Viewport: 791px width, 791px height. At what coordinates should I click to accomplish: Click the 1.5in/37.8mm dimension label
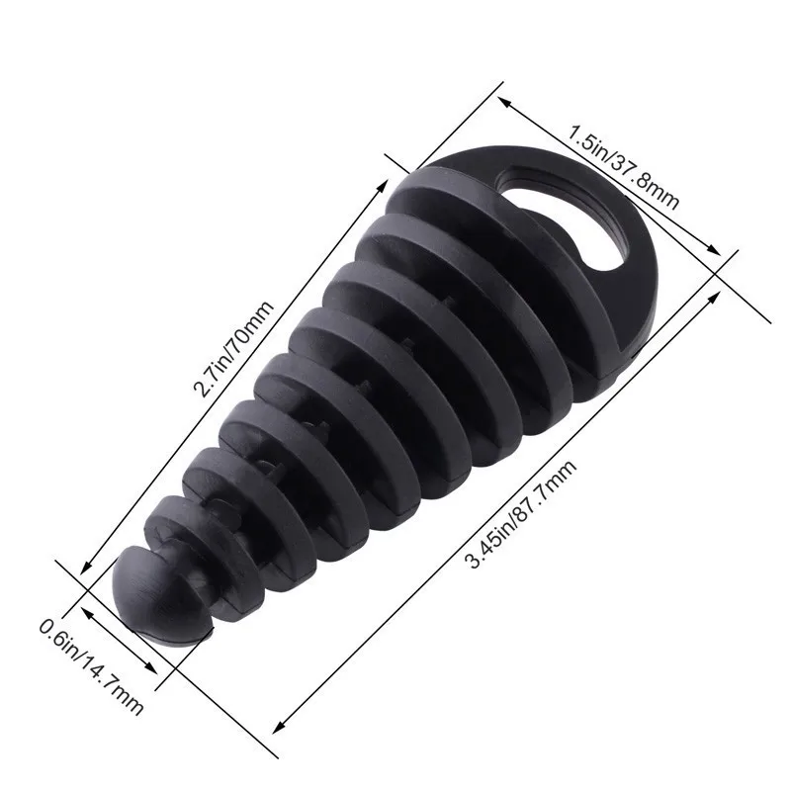pos(622,166)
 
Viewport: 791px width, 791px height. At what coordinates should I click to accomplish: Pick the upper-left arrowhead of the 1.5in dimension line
pos(502,100)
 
